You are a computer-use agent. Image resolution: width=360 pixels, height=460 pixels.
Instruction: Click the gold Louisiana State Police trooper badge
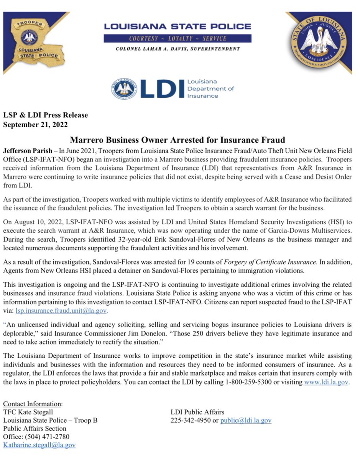(x=36, y=40)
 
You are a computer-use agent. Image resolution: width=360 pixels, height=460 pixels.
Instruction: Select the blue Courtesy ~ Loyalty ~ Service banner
(x=178, y=38)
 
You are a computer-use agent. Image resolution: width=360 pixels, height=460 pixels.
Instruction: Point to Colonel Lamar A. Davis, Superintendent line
(x=178, y=49)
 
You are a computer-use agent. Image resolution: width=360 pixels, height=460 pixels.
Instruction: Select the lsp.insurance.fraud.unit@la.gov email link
(x=61, y=310)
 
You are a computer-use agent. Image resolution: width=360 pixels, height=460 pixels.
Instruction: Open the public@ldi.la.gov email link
(x=246, y=420)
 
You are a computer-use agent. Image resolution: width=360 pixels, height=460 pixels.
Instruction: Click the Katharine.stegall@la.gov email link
(x=39, y=445)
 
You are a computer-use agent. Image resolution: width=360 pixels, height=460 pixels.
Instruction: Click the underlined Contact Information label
(x=32, y=404)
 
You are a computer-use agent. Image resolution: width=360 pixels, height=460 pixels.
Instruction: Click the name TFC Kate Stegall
(x=28, y=412)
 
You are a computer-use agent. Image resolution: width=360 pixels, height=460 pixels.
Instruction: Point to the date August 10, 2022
(x=37, y=222)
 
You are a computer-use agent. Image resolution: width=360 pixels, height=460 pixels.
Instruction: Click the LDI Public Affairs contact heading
(x=197, y=412)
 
